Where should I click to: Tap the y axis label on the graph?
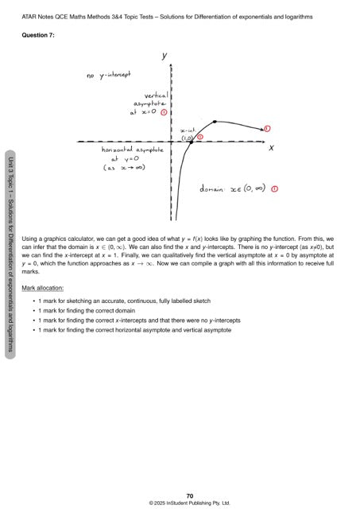164,56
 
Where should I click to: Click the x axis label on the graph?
271,148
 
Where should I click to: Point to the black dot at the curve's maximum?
215,122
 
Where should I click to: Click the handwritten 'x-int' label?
188,129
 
